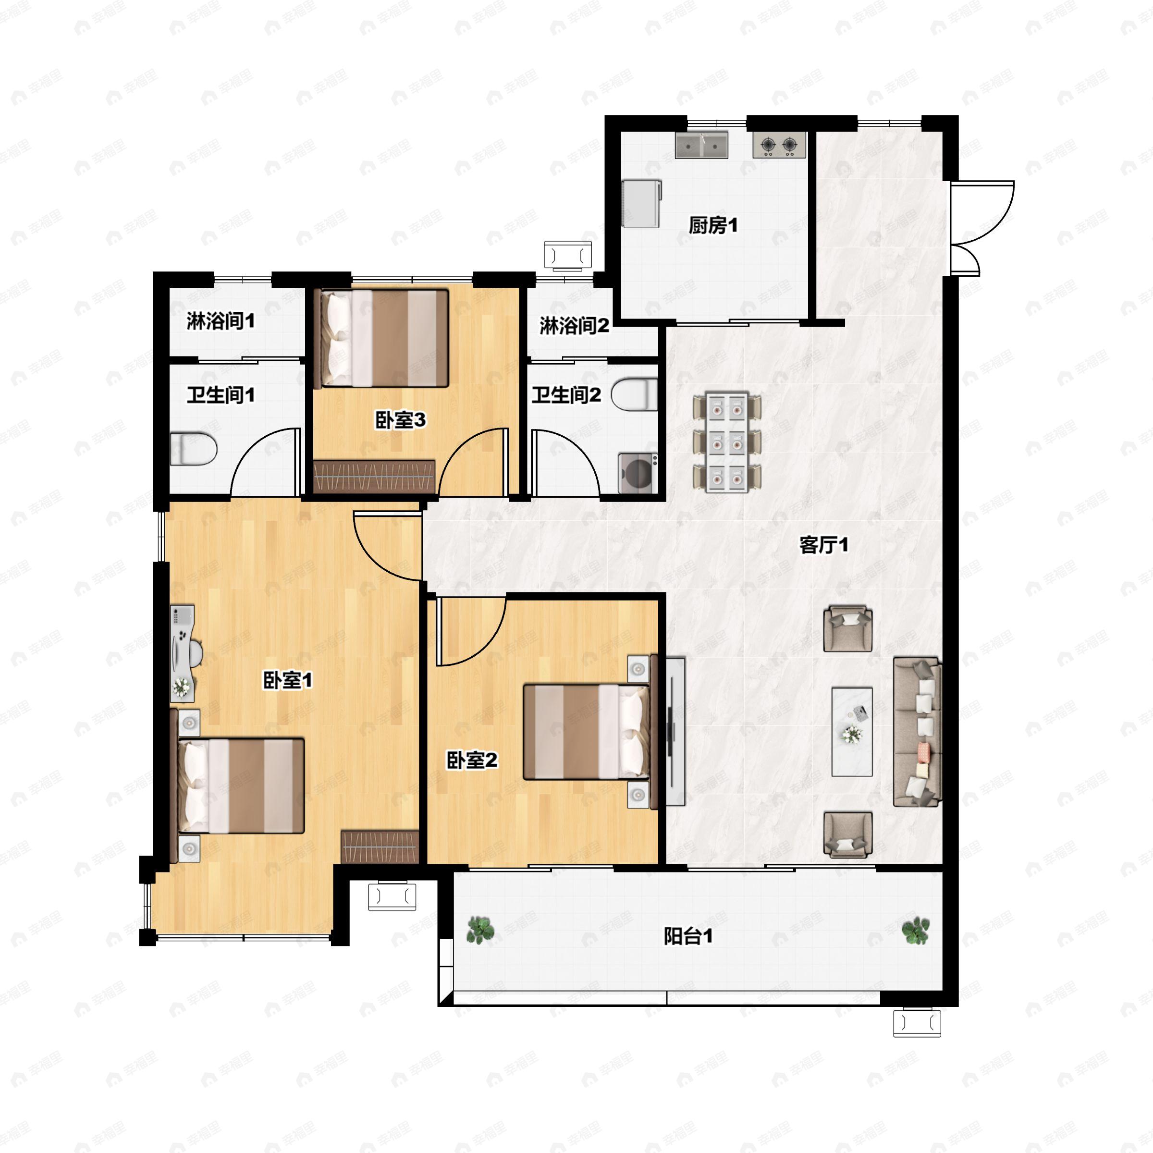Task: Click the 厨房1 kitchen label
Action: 713,226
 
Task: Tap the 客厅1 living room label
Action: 823,545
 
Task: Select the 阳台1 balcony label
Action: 688,937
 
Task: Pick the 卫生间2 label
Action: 566,395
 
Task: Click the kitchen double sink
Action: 701,145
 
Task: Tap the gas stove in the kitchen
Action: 779,145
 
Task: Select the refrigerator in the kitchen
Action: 641,204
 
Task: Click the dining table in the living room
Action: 727,442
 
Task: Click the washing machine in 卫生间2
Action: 638,473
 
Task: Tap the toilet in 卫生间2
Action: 635,394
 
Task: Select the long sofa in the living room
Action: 917,732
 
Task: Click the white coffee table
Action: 852,732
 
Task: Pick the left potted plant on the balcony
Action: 480,930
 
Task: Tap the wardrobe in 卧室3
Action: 374,476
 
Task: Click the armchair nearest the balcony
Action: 848,835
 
